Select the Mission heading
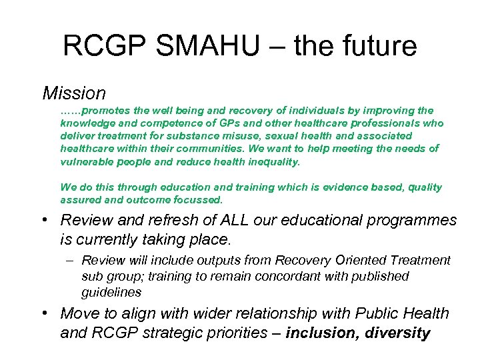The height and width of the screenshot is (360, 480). point(74,93)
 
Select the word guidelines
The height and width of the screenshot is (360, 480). point(111,292)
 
